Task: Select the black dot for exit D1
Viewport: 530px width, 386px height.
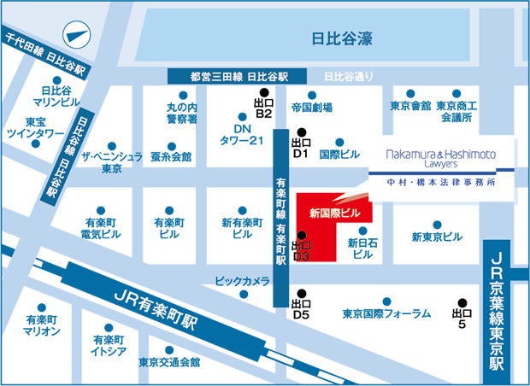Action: [x=300, y=132]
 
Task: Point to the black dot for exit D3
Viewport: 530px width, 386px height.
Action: [x=300, y=235]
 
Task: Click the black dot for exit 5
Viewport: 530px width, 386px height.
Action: [x=462, y=302]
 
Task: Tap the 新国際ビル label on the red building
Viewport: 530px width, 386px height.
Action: [x=330, y=212]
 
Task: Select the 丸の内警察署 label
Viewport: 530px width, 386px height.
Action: [x=182, y=113]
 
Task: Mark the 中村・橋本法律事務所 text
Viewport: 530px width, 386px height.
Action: [x=439, y=182]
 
